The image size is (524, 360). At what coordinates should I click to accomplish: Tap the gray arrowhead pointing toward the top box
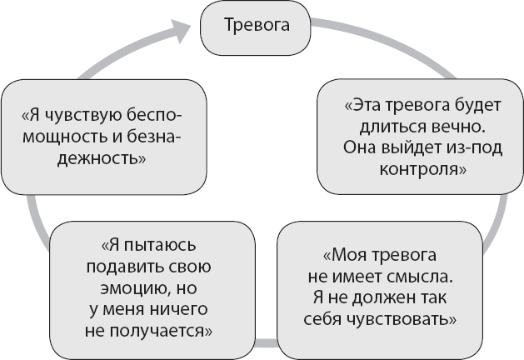click(x=178, y=32)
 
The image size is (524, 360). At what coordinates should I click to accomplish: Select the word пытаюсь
click(x=164, y=247)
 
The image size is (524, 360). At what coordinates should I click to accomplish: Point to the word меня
click(x=120, y=310)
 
